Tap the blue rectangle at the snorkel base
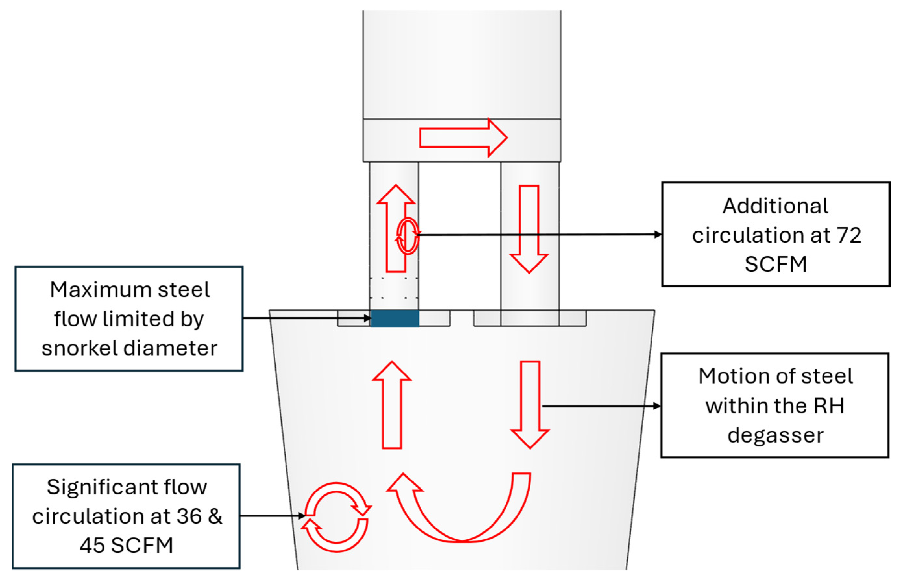pyautogui.click(x=395, y=318)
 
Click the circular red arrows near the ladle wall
pyautogui.click(x=336, y=517)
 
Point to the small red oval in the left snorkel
pyautogui.click(x=408, y=236)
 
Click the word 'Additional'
pyautogui.click(x=775, y=206)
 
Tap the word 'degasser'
pyautogui.click(x=775, y=435)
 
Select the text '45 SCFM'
pyautogui.click(x=127, y=545)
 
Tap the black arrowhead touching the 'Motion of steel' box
pyautogui.click(x=657, y=406)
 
